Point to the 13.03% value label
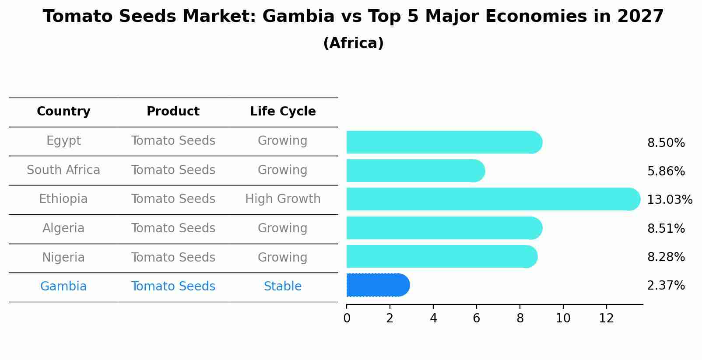tap(669, 200)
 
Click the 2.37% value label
tap(666, 286)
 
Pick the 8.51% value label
tap(666, 228)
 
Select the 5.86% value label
tap(666, 171)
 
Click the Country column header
tap(63, 112)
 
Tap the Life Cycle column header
tap(283, 112)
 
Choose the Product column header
tap(173, 112)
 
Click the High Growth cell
tap(283, 199)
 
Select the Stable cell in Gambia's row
tap(283, 287)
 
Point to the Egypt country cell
tap(63, 141)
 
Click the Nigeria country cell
tap(63, 257)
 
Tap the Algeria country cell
tap(63, 228)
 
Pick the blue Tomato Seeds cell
tap(173, 287)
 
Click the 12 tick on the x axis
tap(606, 318)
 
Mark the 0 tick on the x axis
tap(347, 318)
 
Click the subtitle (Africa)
tap(353, 43)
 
